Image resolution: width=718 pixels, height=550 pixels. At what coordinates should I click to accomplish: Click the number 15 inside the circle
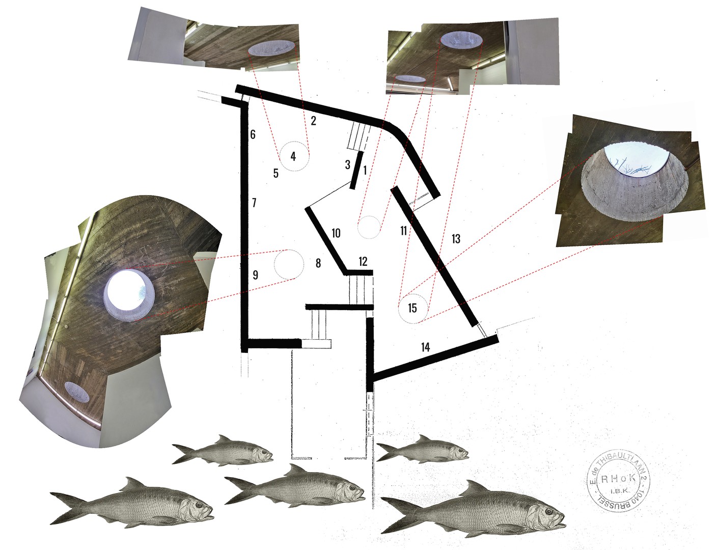[x=412, y=308]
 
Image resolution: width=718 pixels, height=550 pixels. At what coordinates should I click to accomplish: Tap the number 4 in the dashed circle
[x=293, y=156]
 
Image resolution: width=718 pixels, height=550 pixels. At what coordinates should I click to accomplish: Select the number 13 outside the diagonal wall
[x=456, y=238]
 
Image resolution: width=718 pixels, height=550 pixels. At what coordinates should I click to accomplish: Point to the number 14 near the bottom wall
[x=426, y=347]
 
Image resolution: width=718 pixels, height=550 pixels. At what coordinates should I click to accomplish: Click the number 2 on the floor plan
[x=313, y=121]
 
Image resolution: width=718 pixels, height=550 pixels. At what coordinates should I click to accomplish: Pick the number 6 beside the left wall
[x=253, y=134]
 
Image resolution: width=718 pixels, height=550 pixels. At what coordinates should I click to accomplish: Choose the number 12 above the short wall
[x=363, y=261]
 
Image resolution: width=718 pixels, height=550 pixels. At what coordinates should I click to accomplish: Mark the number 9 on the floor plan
[x=255, y=275]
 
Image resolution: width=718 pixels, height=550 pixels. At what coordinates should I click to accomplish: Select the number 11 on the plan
[x=403, y=231]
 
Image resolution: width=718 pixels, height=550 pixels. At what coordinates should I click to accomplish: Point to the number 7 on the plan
[x=254, y=203]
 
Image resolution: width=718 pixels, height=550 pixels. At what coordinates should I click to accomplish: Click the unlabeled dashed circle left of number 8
[x=289, y=264]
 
